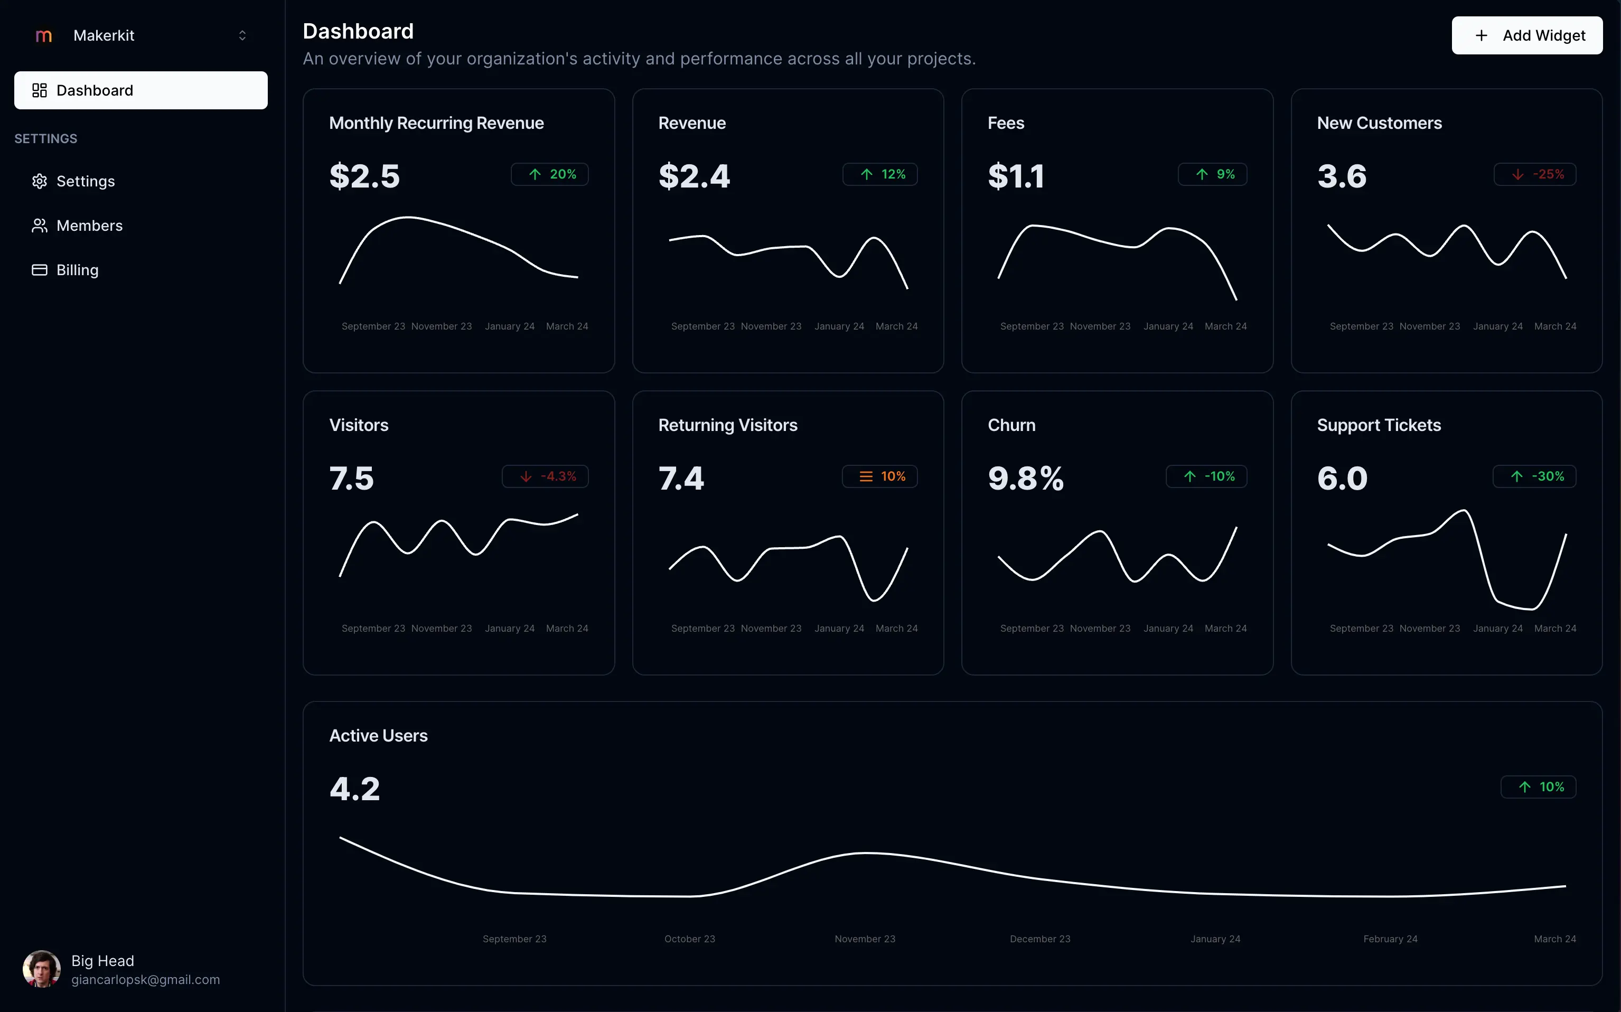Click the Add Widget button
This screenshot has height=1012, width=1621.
click(1526, 35)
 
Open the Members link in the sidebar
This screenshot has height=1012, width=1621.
click(89, 226)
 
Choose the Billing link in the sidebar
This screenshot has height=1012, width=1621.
click(77, 270)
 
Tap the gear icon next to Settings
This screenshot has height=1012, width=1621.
click(40, 181)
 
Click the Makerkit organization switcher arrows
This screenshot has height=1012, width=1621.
click(242, 35)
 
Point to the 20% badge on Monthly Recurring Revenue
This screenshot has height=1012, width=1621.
click(549, 174)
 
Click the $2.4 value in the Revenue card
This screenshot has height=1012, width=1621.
click(694, 176)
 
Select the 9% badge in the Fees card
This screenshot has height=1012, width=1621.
click(1212, 174)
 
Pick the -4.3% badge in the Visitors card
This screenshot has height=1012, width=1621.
click(545, 476)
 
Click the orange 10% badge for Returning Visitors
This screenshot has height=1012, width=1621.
click(879, 476)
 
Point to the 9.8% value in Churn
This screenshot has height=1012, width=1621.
click(1025, 479)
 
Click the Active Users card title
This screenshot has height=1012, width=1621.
click(378, 736)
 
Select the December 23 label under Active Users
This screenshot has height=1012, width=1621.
click(1040, 939)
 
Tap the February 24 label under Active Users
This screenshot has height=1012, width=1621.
click(1390, 939)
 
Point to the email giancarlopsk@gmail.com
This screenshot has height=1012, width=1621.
click(145, 980)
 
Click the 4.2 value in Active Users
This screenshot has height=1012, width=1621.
click(355, 789)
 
